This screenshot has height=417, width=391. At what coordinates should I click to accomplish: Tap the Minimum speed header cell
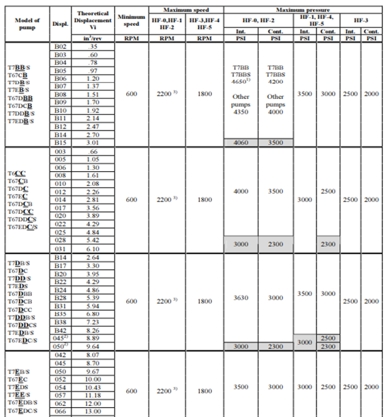click(131, 20)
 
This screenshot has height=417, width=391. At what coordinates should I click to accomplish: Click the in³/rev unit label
click(93, 38)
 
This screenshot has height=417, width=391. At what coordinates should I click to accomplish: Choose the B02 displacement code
click(61, 48)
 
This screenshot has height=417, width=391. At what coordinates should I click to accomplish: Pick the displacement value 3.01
click(93, 142)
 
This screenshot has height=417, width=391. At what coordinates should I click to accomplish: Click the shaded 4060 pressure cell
click(241, 142)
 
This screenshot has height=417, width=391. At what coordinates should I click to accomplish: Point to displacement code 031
click(61, 249)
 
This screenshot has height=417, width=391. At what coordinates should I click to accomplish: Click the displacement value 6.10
click(93, 249)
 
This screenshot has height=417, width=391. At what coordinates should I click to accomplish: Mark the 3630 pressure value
click(241, 298)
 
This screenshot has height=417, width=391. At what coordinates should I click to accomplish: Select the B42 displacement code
click(61, 330)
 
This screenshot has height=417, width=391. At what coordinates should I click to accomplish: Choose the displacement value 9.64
click(93, 347)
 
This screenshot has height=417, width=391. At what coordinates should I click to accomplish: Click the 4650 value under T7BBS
click(240, 81)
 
